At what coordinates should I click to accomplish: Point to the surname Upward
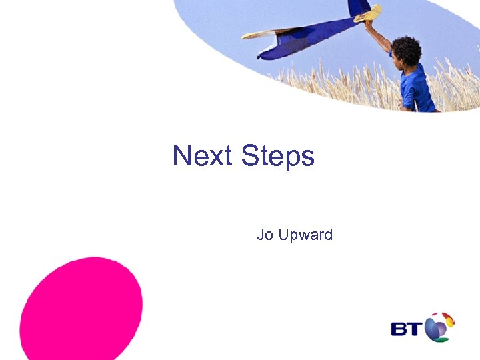pyautogui.click(x=304, y=236)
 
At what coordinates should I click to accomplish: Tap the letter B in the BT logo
pyautogui.click(x=401, y=329)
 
